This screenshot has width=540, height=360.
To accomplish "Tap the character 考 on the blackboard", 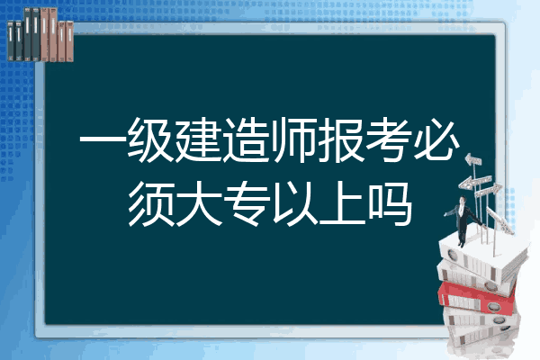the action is pos(389,140).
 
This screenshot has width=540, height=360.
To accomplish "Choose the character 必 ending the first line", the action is pos(437,139).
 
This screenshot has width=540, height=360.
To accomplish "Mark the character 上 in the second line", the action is pos(342,204).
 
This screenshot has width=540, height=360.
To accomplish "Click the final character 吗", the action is pos(390,205).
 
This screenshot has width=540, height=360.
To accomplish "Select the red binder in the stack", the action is pos(477,297).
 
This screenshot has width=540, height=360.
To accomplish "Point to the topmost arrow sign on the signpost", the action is pos(473,160).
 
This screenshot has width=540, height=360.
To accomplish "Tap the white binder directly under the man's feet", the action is pos(482,256).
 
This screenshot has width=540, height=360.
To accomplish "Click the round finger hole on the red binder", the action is pos(493,306).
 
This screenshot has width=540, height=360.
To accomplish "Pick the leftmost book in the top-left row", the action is pos(11,40).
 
